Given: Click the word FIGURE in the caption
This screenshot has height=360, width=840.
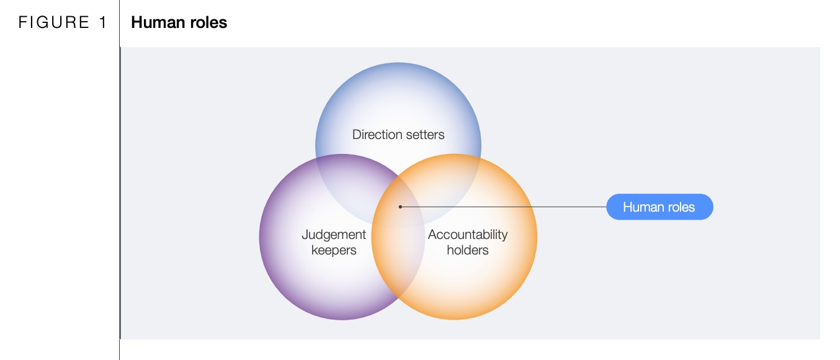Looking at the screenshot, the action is tap(53, 22).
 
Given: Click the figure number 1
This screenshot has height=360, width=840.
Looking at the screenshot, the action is tap(103, 22).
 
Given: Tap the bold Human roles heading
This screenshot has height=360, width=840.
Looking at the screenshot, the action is tap(179, 22).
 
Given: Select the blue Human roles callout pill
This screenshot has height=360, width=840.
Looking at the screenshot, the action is tap(659, 207).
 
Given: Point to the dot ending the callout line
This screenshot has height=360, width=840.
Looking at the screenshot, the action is tap(400, 207).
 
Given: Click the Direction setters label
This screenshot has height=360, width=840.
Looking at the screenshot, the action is tap(398, 135).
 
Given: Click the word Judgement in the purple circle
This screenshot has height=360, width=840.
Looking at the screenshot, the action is tap(334, 235).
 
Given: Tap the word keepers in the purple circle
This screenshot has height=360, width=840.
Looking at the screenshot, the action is tap(334, 251).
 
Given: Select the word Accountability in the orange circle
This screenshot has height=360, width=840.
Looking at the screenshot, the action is tap(468, 235).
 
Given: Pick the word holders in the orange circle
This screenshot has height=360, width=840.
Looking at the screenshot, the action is tap(468, 250).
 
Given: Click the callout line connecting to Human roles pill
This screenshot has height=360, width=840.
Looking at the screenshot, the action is tap(503, 207).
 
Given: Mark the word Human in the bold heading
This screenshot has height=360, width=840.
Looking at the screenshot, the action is tap(158, 22).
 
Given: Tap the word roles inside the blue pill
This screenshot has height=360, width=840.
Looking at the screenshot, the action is tap(679, 207).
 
